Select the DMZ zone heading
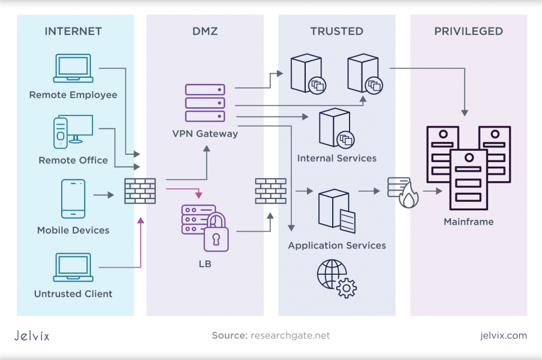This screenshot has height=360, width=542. point(205,31)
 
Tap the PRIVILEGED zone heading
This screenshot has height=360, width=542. point(468,31)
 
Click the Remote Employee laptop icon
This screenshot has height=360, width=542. point(73,68)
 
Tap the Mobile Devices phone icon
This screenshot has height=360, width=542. point(74,199)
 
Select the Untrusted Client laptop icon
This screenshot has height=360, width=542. point(73,267)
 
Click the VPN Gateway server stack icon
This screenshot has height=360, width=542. point(205,103)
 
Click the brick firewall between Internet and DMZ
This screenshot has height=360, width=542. point(140,191)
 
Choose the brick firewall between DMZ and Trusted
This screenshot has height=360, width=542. point(270,191)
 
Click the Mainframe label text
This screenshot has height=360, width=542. point(468,221)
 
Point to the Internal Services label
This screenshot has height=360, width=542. point(337,158)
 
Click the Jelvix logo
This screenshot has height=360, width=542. point(32,336)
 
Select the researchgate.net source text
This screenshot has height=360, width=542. point(290,336)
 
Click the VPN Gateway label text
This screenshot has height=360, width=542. point(205,134)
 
